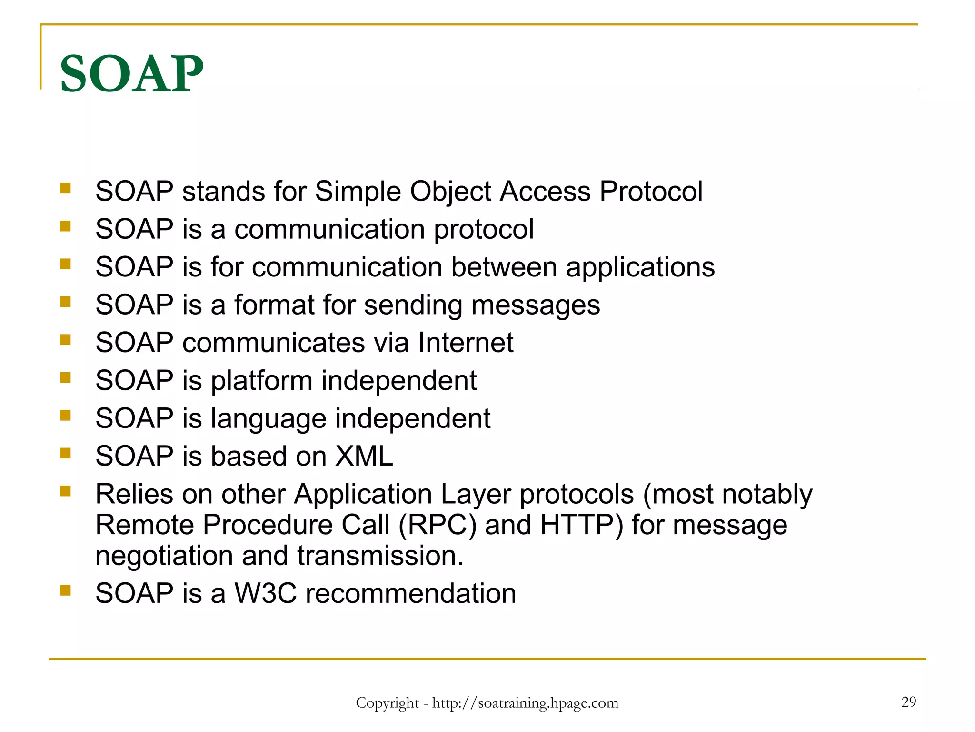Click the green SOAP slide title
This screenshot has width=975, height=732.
click(x=131, y=74)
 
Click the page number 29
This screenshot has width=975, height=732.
click(x=908, y=701)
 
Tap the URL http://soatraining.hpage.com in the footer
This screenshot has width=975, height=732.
click(x=525, y=703)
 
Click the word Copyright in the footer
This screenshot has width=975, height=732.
click(x=387, y=703)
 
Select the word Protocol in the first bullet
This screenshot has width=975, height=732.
click(x=650, y=192)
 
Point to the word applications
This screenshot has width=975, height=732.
click(x=640, y=267)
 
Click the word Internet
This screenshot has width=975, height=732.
click(x=466, y=343)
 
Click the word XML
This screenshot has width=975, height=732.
click(x=364, y=456)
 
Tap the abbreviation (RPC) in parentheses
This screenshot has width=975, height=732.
click(x=437, y=525)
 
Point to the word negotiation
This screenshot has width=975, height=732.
click(x=164, y=556)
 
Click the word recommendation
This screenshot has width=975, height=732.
click(x=410, y=593)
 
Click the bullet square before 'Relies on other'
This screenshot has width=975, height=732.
click(x=65, y=491)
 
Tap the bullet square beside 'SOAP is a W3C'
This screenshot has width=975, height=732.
click(x=65, y=591)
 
